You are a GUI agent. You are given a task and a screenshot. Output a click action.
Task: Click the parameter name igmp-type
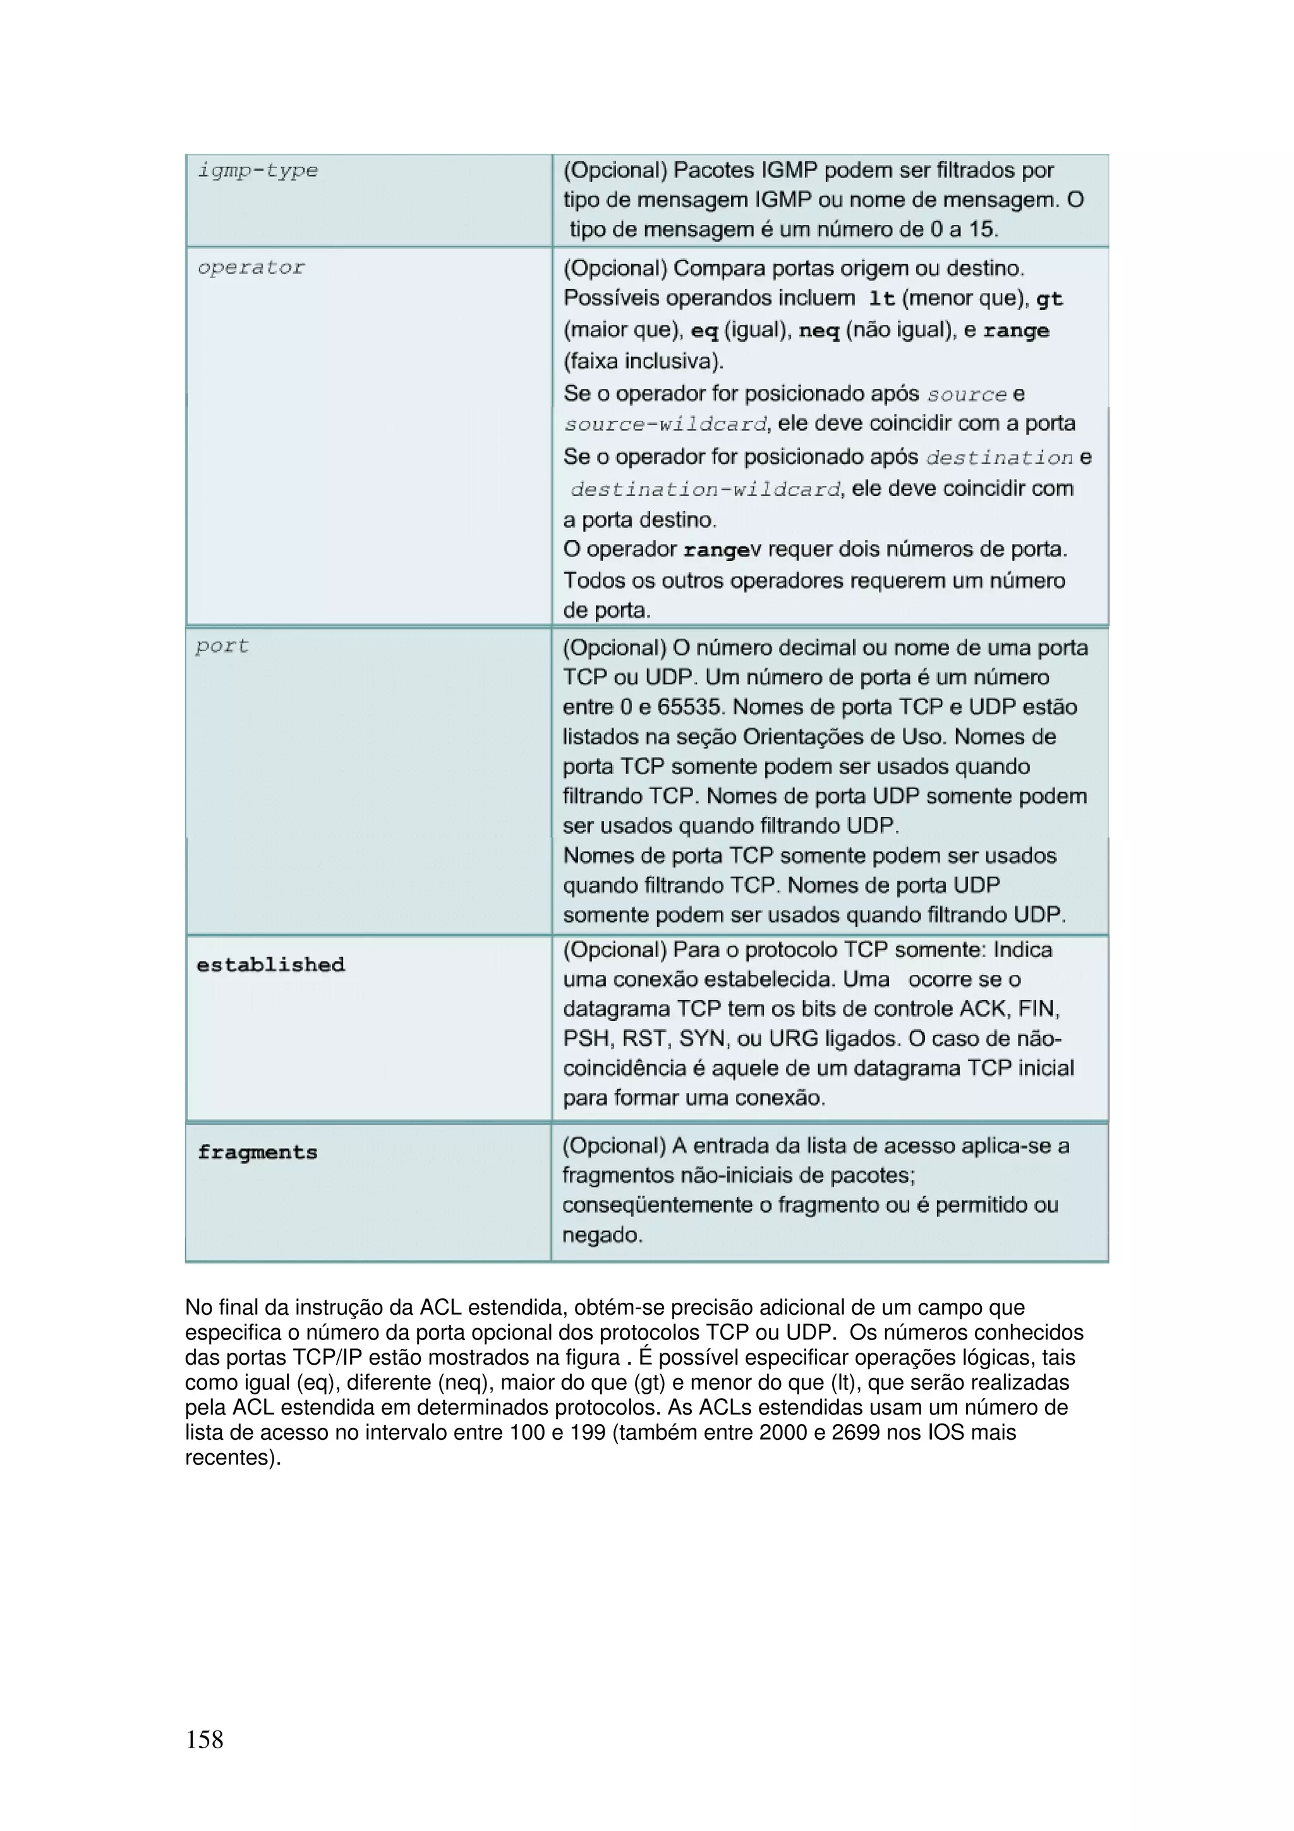pyautogui.click(x=258, y=171)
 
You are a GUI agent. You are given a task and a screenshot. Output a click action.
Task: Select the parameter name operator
pyautogui.click(x=251, y=268)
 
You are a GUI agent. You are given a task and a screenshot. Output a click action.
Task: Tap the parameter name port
pyautogui.click(x=222, y=646)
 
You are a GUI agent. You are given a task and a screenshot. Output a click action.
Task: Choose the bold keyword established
pyautogui.click(x=271, y=965)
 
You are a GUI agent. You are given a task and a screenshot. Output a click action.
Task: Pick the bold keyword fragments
pyautogui.click(x=258, y=1152)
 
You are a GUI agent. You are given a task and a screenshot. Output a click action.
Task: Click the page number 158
pyautogui.click(x=205, y=1739)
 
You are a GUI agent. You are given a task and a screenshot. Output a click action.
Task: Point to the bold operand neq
pyautogui.click(x=819, y=330)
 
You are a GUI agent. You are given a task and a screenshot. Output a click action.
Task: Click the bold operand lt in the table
pyautogui.click(x=882, y=299)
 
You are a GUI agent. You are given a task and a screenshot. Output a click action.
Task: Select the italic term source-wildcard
pyautogui.click(x=666, y=424)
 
